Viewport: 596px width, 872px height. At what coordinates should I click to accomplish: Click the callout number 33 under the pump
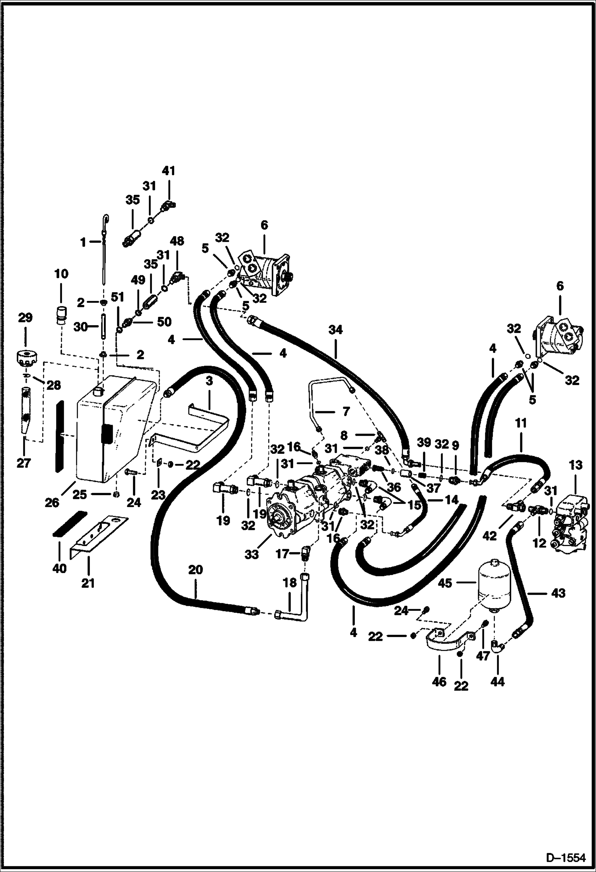[x=251, y=554]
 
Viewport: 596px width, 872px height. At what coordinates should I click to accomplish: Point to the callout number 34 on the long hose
[x=335, y=329]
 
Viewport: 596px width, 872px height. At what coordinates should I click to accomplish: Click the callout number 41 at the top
[x=168, y=171]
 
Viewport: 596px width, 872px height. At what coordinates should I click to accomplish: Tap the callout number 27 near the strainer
[x=23, y=463]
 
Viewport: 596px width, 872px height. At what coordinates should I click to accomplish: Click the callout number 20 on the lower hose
[x=196, y=570]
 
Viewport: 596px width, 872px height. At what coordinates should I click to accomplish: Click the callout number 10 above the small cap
[x=61, y=274]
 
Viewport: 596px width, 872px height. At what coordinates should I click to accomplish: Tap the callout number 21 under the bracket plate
[x=88, y=583]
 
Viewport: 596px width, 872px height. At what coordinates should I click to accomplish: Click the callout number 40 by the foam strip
[x=59, y=569]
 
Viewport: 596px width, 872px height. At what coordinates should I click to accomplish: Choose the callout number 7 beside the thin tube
[x=345, y=411]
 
